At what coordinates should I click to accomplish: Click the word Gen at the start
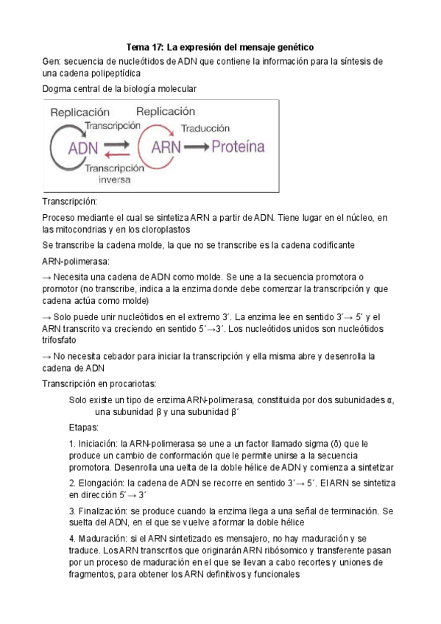pyautogui.click(x=52, y=61)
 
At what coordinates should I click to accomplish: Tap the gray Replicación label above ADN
pyautogui.click(x=80, y=113)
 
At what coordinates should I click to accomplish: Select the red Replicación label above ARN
pyautogui.click(x=166, y=111)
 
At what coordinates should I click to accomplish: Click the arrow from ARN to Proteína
pyautogui.click(x=197, y=147)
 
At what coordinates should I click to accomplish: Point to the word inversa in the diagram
pyautogui.click(x=113, y=178)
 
